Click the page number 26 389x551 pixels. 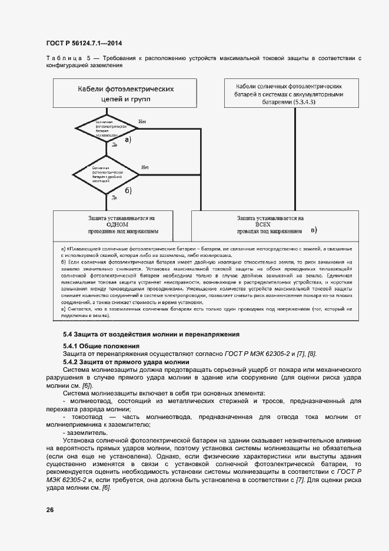click(x=49, y=509)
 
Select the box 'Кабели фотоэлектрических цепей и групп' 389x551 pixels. click(x=126, y=94)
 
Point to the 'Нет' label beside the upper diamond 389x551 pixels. click(x=142, y=121)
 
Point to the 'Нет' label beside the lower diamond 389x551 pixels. click(x=145, y=167)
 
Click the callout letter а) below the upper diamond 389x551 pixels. click(x=126, y=140)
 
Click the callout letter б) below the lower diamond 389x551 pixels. click(x=128, y=190)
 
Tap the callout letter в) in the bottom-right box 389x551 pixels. click(x=314, y=229)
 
